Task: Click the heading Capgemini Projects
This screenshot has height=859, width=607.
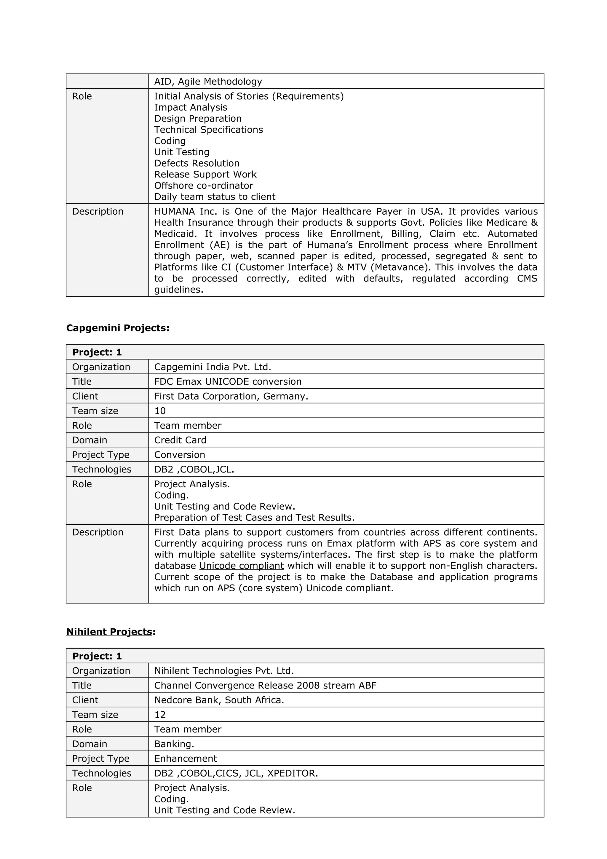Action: click(116, 328)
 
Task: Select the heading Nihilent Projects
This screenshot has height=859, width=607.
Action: click(109, 632)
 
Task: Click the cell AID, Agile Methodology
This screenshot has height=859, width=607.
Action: click(208, 82)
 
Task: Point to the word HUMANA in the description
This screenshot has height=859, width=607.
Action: click(174, 211)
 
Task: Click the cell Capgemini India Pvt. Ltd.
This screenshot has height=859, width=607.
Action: click(213, 367)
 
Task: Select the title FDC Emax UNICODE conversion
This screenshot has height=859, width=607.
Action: click(228, 381)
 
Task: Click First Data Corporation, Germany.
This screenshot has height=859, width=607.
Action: click(231, 396)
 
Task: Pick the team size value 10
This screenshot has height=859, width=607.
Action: click(160, 411)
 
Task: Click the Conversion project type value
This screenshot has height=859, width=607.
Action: click(180, 455)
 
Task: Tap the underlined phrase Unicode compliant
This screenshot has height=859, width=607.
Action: click(241, 566)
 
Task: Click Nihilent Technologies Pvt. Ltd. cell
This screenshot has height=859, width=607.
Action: click(224, 671)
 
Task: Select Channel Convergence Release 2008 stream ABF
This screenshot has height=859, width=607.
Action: click(265, 685)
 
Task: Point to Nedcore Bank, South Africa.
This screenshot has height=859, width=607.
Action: click(219, 700)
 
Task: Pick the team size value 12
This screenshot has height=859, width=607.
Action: click(160, 715)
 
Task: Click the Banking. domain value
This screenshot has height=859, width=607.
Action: click(174, 744)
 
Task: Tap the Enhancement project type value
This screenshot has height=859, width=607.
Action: click(186, 759)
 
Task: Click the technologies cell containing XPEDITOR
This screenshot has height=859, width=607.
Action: click(236, 773)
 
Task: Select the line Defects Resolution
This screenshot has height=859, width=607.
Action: click(197, 164)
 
